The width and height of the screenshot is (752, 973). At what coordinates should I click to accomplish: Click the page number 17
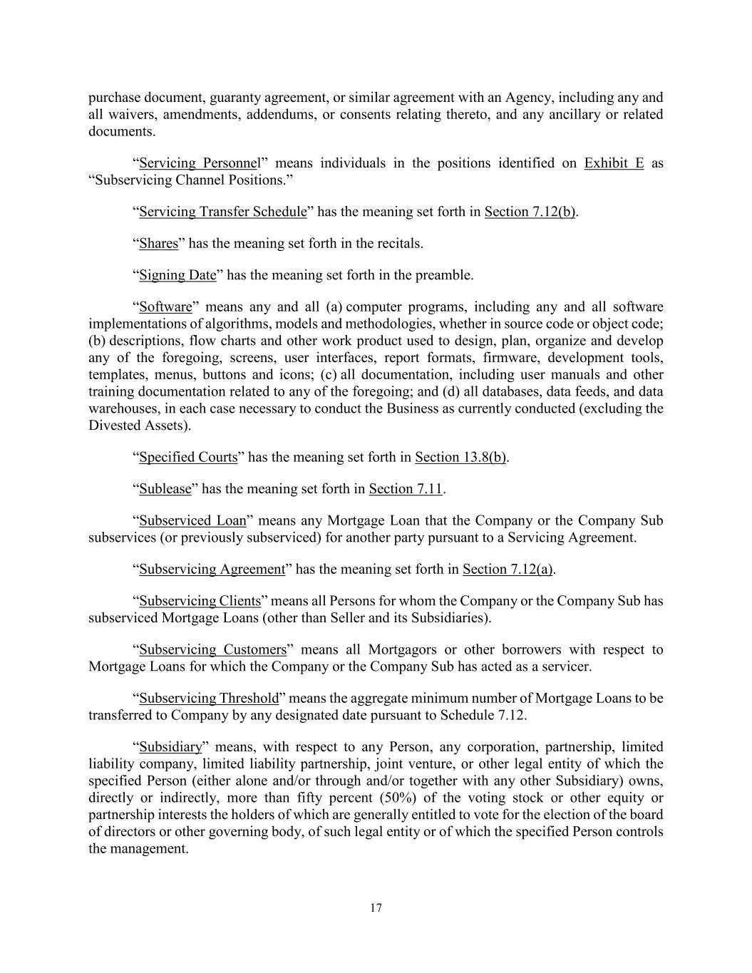(376, 907)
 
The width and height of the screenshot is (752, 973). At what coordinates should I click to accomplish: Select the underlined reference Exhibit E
(614, 163)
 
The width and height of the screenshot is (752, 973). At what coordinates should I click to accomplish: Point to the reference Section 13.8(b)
(460, 457)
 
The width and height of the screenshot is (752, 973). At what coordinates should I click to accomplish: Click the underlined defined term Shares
(158, 244)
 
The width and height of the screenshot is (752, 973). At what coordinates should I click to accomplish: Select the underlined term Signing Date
(177, 275)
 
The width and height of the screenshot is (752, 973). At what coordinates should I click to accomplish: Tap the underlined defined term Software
(165, 307)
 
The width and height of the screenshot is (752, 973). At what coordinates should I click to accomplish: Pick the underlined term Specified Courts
(188, 457)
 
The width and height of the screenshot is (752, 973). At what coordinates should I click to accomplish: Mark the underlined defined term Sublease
(165, 489)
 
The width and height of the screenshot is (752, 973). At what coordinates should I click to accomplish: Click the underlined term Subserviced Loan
(192, 520)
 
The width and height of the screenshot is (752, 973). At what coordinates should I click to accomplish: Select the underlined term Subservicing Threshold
(209, 699)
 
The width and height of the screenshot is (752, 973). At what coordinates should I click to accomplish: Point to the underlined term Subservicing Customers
(212, 649)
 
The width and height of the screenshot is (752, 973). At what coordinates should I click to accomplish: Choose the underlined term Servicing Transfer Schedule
(222, 212)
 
